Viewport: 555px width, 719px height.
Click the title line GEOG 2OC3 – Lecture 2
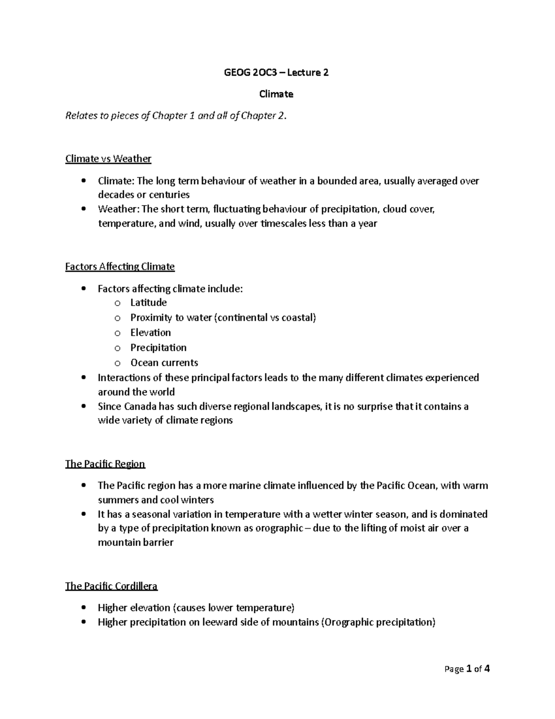click(x=276, y=72)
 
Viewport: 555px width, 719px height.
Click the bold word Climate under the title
click(x=276, y=94)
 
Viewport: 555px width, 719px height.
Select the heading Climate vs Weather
click(x=108, y=159)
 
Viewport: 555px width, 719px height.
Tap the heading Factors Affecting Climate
click(x=120, y=267)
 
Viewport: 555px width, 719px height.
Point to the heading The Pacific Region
click(x=105, y=464)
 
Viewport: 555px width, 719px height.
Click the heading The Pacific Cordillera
click(x=111, y=586)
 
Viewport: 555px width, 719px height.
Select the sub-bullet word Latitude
click(x=148, y=303)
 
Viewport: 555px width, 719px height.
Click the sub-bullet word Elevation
click(x=150, y=332)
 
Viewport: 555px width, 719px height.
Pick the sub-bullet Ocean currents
click(x=164, y=363)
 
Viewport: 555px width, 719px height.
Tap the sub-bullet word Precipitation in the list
click(x=158, y=348)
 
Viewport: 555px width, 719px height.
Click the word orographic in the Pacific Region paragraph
click(x=279, y=528)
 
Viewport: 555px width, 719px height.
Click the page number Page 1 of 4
click(x=467, y=669)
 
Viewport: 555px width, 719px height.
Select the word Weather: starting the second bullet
click(x=118, y=209)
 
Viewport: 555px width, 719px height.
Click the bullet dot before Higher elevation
click(x=83, y=607)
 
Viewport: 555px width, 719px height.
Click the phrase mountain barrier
click(x=136, y=543)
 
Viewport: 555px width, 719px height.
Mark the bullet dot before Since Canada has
click(x=83, y=406)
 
